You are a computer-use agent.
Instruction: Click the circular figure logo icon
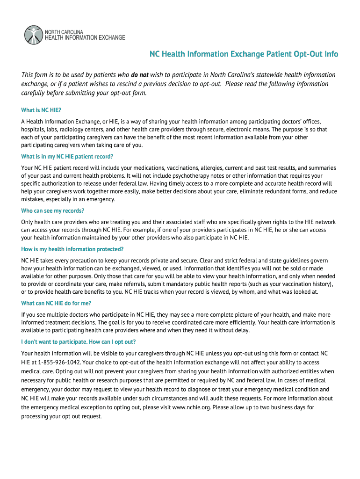tap(33, 35)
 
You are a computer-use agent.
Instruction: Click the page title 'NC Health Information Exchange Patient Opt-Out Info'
tap(244, 54)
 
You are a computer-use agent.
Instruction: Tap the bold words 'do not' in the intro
tap(140, 75)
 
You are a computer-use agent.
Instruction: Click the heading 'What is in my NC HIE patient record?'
tap(67, 156)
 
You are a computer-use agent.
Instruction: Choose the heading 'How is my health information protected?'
tap(72, 249)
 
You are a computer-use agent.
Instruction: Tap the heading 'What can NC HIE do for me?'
tap(56, 303)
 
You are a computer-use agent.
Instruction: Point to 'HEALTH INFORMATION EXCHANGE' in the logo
tap(85, 37)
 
